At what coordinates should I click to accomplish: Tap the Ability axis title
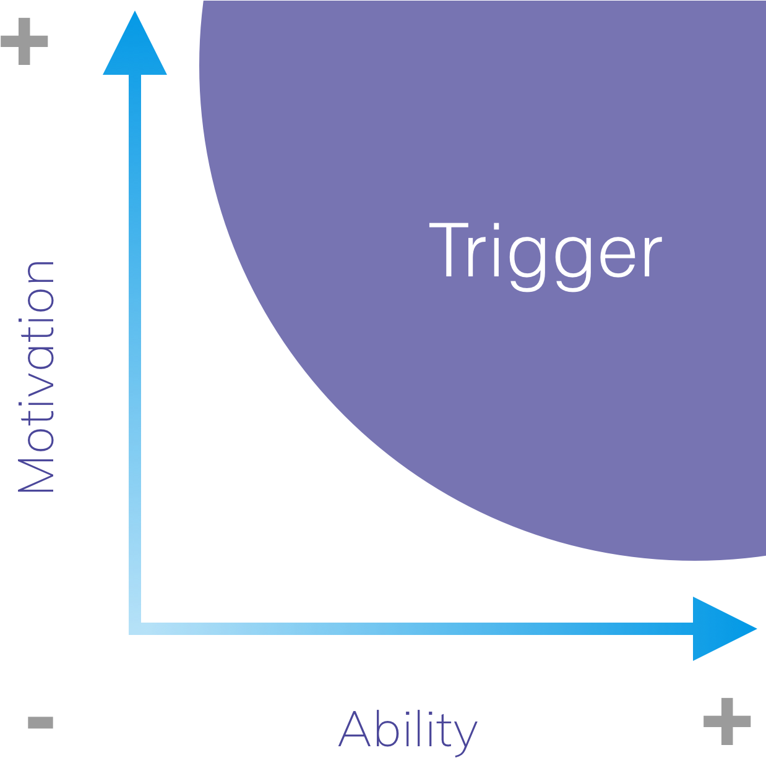tap(408, 730)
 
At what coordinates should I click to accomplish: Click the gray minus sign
tap(41, 722)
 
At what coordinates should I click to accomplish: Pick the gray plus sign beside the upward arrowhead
tap(24, 41)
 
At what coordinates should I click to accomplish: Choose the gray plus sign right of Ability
tap(727, 721)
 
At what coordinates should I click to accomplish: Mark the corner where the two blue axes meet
tap(135, 629)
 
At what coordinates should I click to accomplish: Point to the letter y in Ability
tap(464, 736)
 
